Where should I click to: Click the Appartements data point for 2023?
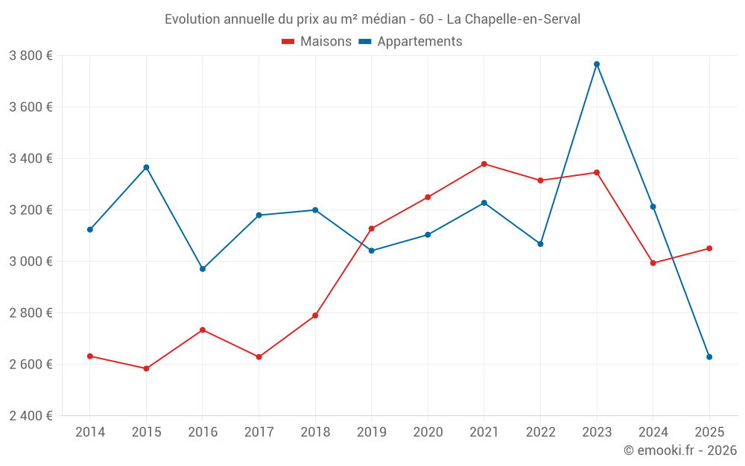597,64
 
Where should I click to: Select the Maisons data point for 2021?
484,164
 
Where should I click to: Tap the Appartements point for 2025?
709,357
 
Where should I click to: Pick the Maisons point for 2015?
146,368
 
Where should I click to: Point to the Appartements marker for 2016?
203,268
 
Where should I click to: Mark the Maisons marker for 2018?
315,315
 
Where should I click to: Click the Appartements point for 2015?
146,167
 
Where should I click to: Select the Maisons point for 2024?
653,263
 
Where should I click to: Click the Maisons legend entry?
317,42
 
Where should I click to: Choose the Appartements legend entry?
411,42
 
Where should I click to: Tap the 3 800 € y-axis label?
31,55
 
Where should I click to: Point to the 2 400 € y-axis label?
31,416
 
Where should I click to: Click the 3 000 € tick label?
31,261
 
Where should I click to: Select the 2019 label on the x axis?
371,432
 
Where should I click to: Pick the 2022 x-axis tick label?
540,432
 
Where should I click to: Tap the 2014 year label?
90,432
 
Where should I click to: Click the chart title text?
372,19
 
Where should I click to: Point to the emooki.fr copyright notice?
679,450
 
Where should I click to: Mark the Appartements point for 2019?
372,251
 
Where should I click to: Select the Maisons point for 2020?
428,198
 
